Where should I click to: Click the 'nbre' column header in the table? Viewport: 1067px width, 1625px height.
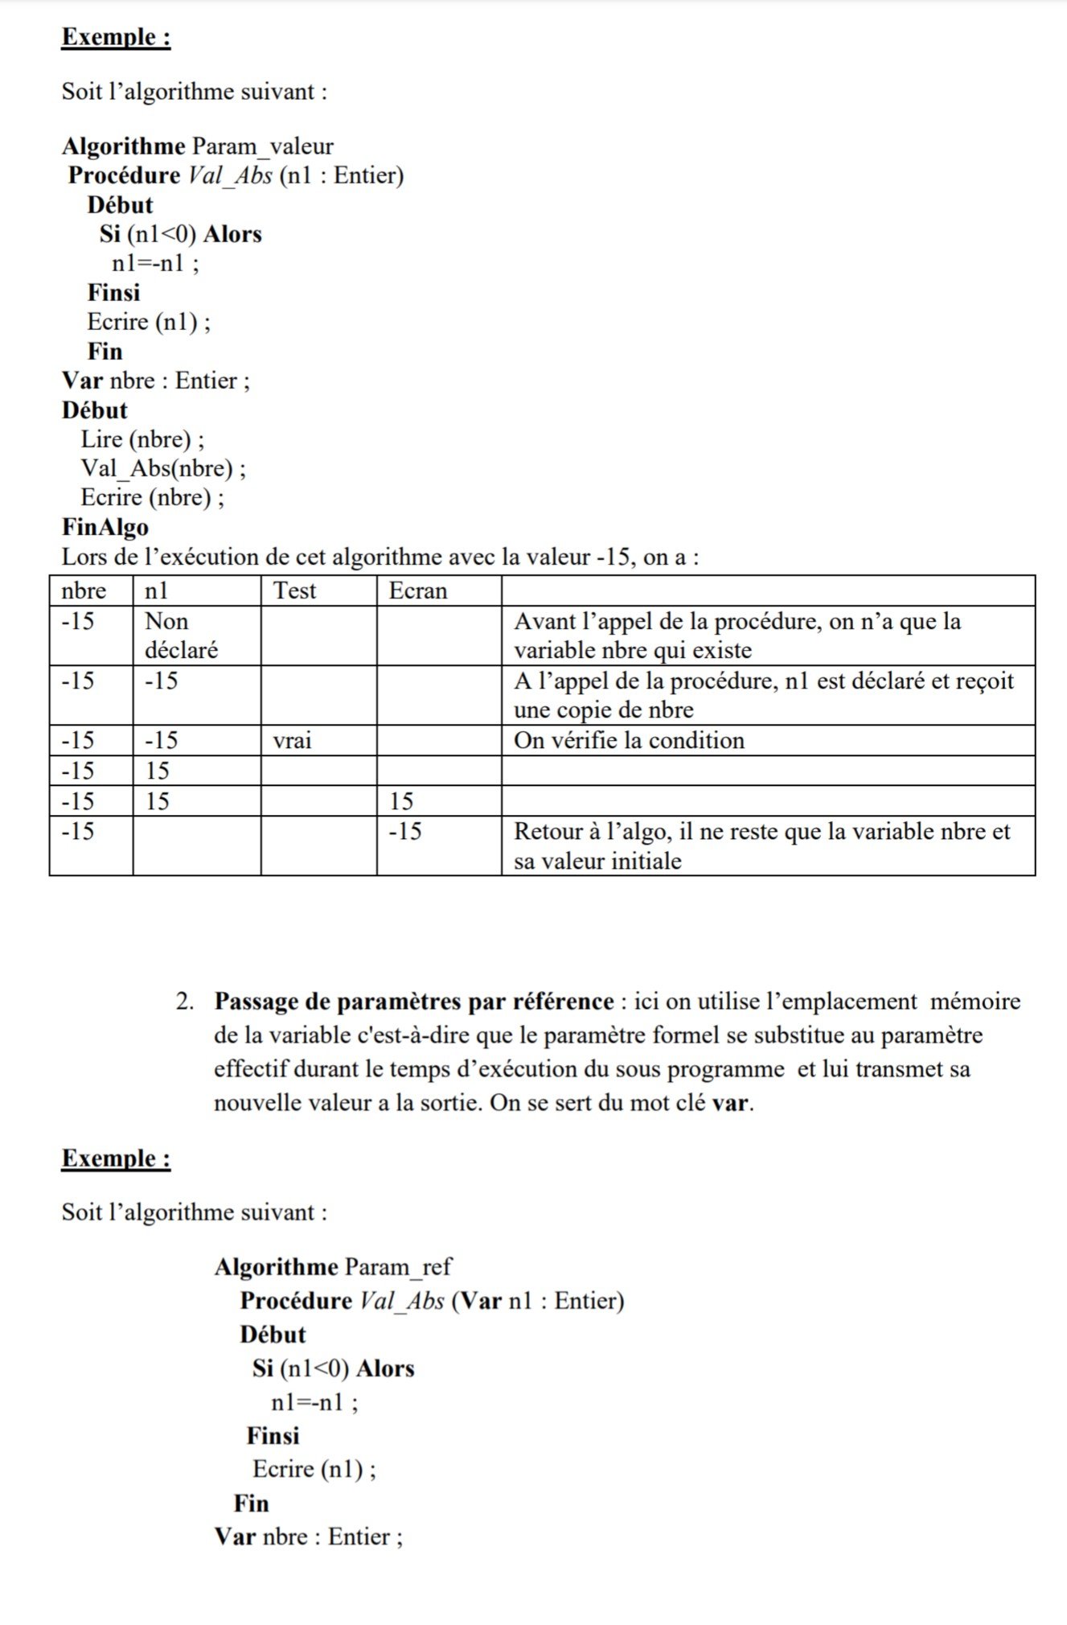(x=84, y=591)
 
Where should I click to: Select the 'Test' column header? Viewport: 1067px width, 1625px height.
(x=294, y=591)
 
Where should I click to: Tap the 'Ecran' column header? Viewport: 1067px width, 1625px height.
(x=417, y=591)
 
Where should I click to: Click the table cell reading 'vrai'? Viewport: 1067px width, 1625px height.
(x=292, y=740)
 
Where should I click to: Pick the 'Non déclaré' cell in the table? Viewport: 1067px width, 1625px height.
(x=181, y=636)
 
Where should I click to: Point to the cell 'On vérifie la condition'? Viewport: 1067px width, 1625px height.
(x=629, y=740)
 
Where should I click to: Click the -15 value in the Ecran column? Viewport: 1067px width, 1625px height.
(x=405, y=831)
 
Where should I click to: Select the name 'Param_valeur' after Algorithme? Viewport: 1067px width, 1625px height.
(x=262, y=146)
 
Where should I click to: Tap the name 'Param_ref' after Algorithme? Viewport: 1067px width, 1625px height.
(x=398, y=1267)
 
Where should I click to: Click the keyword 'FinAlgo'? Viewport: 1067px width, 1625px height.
(x=105, y=528)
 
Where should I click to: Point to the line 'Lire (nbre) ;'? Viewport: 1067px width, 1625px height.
(x=142, y=439)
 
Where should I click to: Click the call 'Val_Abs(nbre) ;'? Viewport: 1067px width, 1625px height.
(x=163, y=468)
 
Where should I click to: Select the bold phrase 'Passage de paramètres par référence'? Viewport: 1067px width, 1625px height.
(x=414, y=1002)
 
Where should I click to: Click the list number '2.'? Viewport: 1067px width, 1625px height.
(x=186, y=1002)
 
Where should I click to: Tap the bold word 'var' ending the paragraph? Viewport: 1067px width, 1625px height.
(x=730, y=1103)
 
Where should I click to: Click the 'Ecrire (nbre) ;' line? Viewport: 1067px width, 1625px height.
(x=152, y=498)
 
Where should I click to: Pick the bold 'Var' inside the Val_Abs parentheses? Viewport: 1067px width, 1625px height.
(x=481, y=1301)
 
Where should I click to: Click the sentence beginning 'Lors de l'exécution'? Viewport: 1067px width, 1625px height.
(x=380, y=557)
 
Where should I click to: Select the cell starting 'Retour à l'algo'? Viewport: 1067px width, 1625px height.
(x=761, y=846)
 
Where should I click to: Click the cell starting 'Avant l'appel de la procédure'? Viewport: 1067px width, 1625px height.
(x=737, y=636)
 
